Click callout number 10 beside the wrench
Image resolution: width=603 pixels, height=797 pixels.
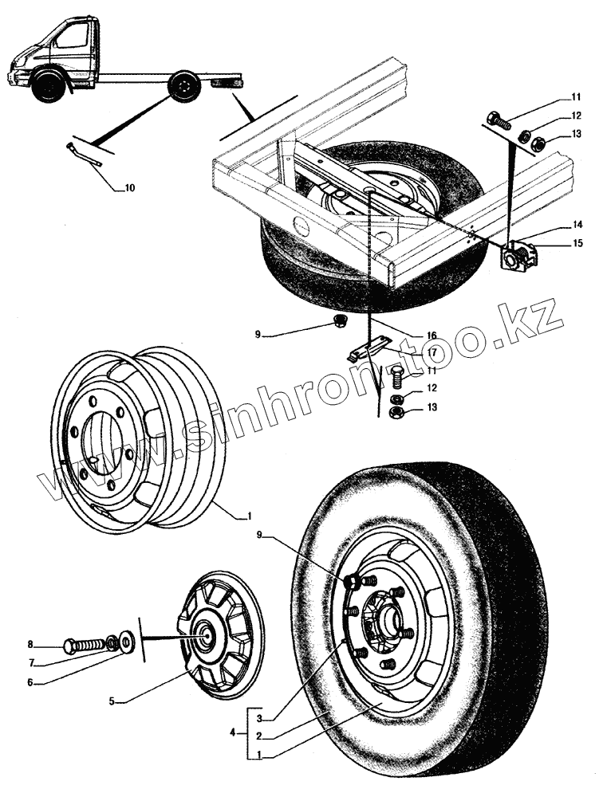click(129, 189)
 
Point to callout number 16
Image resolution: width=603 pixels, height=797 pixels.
click(430, 335)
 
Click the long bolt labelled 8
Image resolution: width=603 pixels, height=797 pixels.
click(86, 642)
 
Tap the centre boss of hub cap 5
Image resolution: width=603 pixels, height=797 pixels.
click(206, 634)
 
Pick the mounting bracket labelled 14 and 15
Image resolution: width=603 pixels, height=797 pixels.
click(519, 257)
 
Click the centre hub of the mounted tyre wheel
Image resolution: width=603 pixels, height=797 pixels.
click(382, 615)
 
